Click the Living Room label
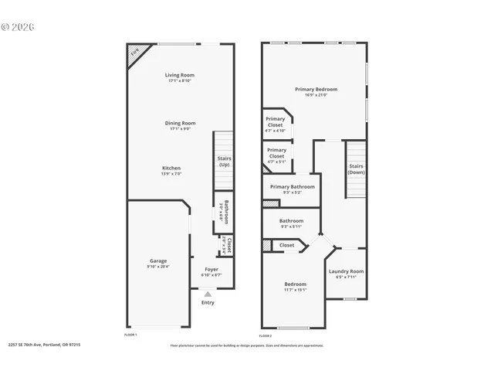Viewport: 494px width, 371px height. click(x=180, y=75)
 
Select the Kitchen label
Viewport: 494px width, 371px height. click(x=171, y=168)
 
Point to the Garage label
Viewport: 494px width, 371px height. click(x=157, y=261)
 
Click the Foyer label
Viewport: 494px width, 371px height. click(x=211, y=270)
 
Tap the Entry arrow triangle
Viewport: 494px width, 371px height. click(x=208, y=294)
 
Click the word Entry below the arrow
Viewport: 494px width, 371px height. click(x=208, y=302)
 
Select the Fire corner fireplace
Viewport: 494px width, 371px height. click(x=134, y=53)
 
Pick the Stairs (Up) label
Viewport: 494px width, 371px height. click(x=224, y=162)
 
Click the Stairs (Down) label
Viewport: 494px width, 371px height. click(x=356, y=169)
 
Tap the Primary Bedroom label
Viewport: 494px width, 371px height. click(x=316, y=90)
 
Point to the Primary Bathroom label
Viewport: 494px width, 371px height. click(x=291, y=187)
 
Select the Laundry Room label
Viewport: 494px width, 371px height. click(x=346, y=271)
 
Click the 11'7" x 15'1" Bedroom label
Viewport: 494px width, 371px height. click(x=295, y=284)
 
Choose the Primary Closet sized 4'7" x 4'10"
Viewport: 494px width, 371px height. click(x=276, y=122)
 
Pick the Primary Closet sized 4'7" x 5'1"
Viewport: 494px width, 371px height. click(x=276, y=153)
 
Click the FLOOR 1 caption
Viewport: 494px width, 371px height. click(x=131, y=335)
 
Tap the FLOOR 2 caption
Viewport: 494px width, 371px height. click(x=266, y=335)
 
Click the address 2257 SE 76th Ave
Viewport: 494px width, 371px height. click(x=44, y=345)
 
